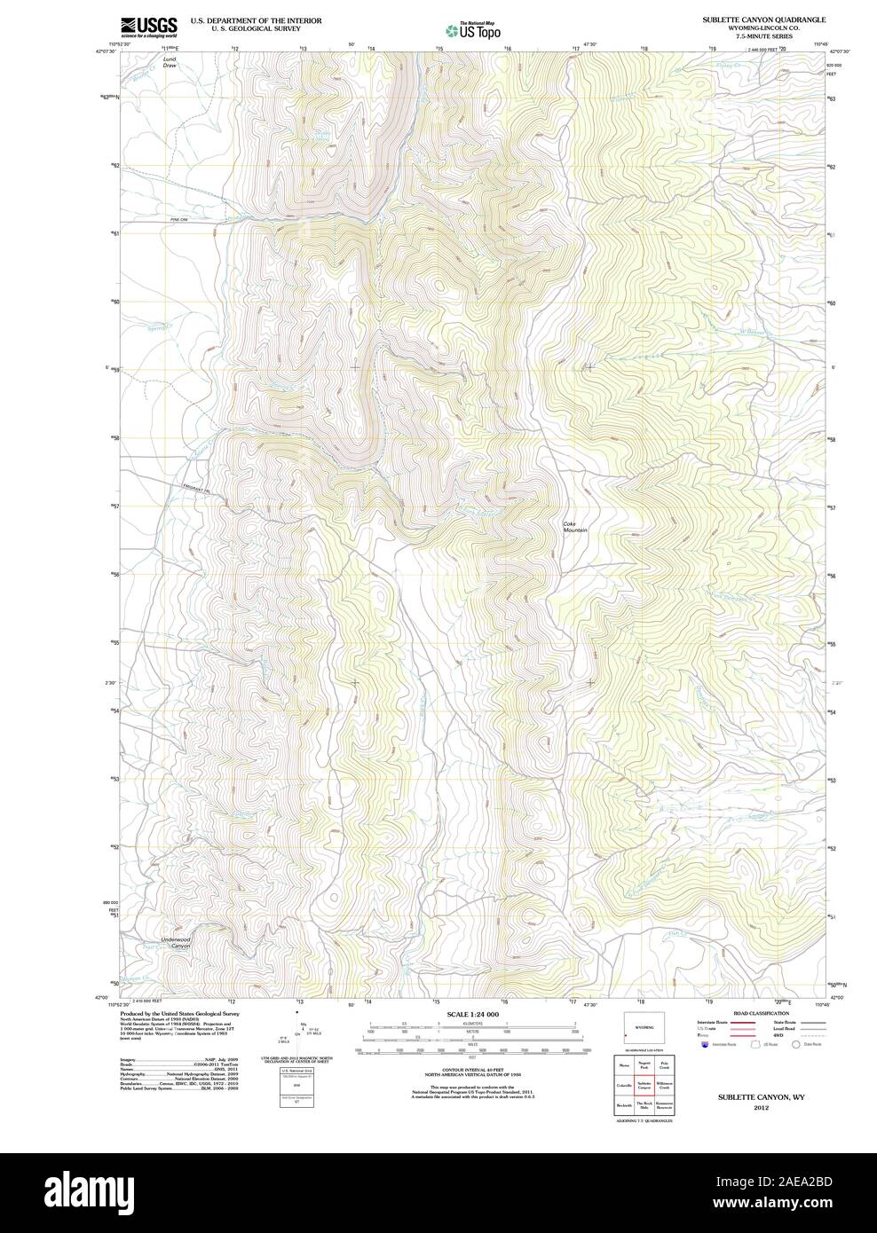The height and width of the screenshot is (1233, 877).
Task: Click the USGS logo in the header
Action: click(x=149, y=26)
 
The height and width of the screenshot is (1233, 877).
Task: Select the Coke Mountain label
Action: click(x=575, y=526)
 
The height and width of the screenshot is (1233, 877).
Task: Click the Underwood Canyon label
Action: click(x=176, y=942)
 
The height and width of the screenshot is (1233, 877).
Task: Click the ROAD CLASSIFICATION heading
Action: click(x=761, y=1013)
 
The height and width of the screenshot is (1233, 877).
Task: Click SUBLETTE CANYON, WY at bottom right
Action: click(x=761, y=1097)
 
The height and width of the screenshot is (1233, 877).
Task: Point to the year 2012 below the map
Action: click(x=761, y=1107)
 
